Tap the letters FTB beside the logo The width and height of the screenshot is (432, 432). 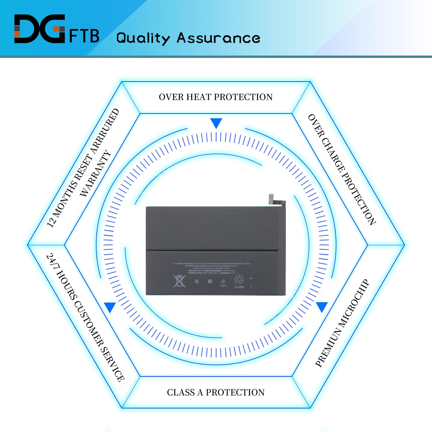84,36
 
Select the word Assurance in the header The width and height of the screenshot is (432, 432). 218,38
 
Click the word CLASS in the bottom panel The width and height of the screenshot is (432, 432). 181,392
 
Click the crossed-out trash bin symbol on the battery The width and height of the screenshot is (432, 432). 179,281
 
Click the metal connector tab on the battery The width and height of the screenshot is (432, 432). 271,199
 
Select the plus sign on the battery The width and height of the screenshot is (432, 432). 251,278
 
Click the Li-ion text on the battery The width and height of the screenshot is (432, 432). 239,287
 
